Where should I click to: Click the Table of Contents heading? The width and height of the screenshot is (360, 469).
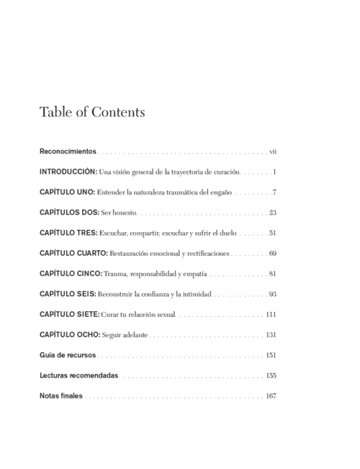[92, 112]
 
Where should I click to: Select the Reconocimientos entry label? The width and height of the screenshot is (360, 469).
[68, 152]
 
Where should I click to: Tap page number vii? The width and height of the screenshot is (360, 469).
[273, 152]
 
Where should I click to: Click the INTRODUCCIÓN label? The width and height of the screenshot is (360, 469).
[68, 172]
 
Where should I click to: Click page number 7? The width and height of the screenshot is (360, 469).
[275, 193]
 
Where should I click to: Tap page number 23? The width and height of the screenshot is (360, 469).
[273, 213]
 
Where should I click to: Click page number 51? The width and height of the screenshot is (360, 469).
[273, 233]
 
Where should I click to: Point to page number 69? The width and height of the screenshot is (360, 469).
[273, 254]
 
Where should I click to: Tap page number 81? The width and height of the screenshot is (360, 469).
[273, 274]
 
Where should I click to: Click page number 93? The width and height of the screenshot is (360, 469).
[273, 295]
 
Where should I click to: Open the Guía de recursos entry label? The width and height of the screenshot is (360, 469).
[67, 355]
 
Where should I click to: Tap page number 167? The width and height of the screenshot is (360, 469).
[271, 396]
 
